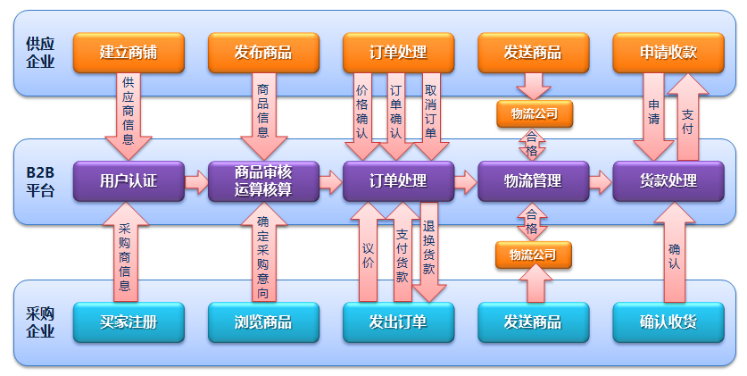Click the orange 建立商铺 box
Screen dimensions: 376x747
[129, 53]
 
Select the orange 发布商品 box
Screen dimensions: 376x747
[263, 53]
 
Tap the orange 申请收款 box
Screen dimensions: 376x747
[668, 53]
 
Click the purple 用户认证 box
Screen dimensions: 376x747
[129, 181]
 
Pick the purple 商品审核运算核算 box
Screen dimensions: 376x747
[263, 181]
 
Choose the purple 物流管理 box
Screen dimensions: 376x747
[533, 181]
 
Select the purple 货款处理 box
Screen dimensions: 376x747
[668, 181]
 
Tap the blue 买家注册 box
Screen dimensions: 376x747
[129, 322]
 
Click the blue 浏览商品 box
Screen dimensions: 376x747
[263, 322]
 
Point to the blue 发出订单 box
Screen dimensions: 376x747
[398, 322]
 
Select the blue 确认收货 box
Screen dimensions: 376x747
[668, 322]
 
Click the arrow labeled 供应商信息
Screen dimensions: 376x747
[129, 112]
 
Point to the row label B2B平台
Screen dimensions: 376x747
[39, 181]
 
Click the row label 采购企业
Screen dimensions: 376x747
[40, 322]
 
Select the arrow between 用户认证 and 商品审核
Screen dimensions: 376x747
[195, 182]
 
